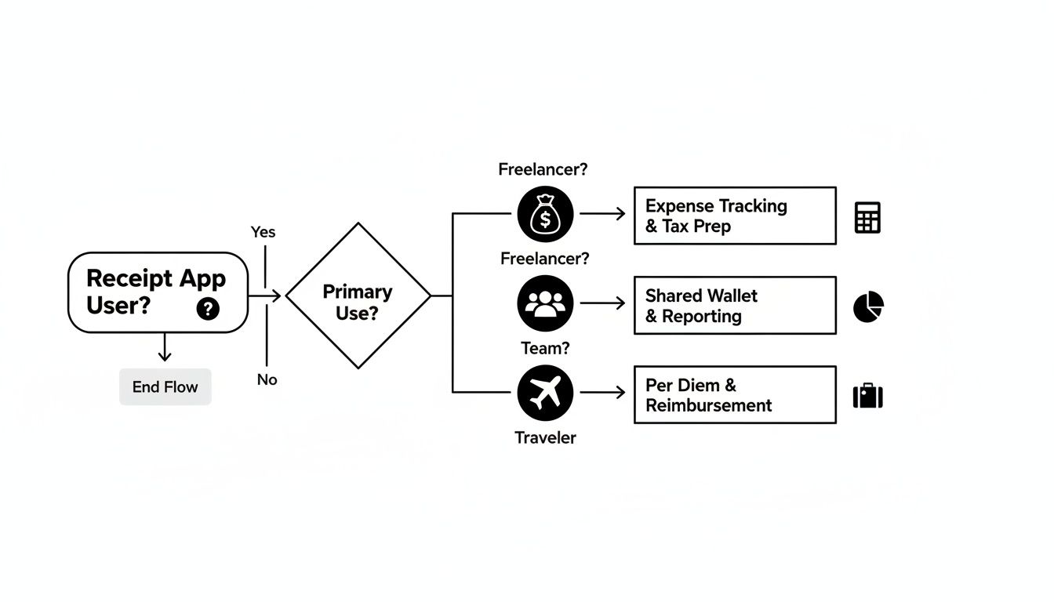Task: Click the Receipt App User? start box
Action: [x=157, y=292]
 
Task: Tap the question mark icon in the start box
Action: [x=208, y=309]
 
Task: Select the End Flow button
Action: [x=165, y=386]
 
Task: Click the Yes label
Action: [x=263, y=232]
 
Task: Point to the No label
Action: [x=267, y=379]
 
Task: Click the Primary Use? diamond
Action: [x=358, y=296]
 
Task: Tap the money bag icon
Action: [x=545, y=214]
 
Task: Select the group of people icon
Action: [x=545, y=303]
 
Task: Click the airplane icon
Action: [x=545, y=393]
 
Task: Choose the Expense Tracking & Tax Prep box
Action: [x=734, y=216]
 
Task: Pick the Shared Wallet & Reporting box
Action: [x=734, y=305]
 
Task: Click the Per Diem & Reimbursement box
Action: [x=734, y=394]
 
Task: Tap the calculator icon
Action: [x=867, y=217]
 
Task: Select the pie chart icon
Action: [x=868, y=306]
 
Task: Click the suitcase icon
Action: [x=867, y=396]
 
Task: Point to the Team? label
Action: [x=545, y=348]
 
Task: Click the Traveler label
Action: [x=545, y=437]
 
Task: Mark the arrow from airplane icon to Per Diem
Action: [x=602, y=393]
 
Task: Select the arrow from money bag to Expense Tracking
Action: [x=602, y=214]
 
